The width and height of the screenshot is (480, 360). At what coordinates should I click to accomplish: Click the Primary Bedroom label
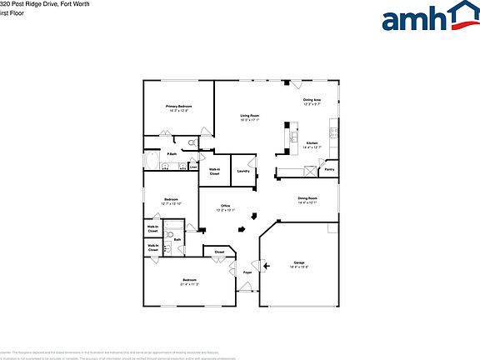(178, 107)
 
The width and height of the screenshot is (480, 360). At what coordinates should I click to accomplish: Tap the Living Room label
(250, 115)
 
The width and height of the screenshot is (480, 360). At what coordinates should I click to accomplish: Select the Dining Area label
(312, 100)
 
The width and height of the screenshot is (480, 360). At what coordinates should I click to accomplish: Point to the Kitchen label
(312, 143)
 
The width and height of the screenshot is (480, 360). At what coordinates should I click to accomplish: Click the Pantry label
(329, 169)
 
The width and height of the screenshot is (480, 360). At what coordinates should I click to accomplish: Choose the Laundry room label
(243, 171)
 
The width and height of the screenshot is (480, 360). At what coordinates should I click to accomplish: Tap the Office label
(225, 206)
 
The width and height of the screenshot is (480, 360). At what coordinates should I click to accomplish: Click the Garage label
(299, 262)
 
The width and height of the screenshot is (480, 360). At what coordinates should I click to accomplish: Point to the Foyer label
(247, 272)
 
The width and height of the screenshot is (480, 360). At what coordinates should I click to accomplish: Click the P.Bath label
(170, 154)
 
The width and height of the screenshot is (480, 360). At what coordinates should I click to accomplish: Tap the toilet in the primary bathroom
(192, 143)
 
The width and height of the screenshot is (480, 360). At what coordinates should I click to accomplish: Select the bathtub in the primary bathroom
(152, 160)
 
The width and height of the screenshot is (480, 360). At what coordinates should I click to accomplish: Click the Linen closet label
(193, 166)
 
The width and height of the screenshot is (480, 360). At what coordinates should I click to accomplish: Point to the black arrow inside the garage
(266, 267)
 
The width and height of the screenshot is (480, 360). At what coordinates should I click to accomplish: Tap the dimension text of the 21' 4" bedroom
(189, 284)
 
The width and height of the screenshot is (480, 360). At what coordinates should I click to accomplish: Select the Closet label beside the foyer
(219, 252)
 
